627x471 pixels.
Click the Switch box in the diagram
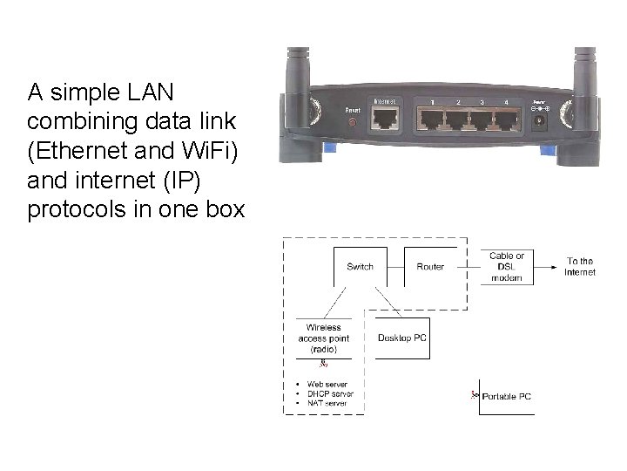click(360, 266)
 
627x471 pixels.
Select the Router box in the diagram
click(430, 266)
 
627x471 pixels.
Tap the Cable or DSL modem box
click(507, 266)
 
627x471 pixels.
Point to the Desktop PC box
click(401, 337)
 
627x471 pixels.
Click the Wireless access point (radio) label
click(323, 338)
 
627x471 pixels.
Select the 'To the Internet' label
click(580, 266)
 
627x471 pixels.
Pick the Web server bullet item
click(324, 385)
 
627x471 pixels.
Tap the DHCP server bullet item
click(326, 393)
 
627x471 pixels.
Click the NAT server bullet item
click(324, 402)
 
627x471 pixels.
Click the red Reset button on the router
click(352, 123)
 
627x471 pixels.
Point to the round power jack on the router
click(539, 120)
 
